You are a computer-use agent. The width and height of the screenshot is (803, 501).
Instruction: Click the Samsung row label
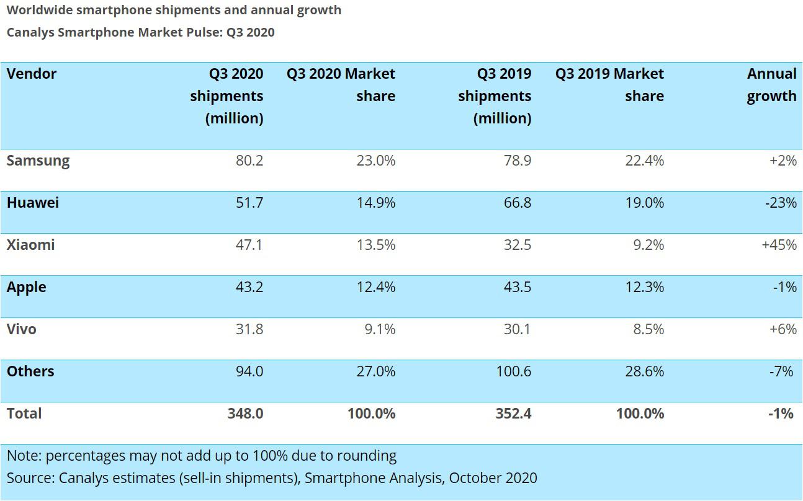pos(38,161)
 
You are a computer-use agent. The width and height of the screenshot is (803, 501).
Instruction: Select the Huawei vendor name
pos(33,203)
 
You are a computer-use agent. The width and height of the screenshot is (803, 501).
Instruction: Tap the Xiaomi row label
pos(31,245)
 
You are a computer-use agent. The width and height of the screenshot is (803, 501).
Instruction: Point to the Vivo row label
pos(22,329)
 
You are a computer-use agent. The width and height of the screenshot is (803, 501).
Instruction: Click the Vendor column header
pos(32,74)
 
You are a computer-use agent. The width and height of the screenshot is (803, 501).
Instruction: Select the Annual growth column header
pos(771,85)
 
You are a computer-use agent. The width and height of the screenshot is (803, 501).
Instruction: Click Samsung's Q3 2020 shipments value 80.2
pos(249,161)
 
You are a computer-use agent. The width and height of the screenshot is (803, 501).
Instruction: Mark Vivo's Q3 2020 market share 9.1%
pos(380,329)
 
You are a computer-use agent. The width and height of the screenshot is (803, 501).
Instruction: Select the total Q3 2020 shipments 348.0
pos(245,414)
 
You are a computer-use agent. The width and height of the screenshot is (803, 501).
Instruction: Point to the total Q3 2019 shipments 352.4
pos(513,414)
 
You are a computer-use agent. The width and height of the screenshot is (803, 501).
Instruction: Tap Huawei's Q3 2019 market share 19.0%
pos(645,203)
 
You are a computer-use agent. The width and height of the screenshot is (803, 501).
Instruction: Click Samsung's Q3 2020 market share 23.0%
pos(376,161)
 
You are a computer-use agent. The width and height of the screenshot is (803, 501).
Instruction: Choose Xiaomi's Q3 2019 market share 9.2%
pos(648,245)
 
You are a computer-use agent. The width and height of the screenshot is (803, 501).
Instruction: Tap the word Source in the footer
pos(30,478)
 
